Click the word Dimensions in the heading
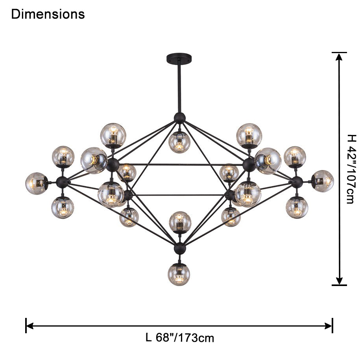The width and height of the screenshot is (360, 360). [x=48, y=14]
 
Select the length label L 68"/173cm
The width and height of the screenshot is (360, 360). [x=180, y=338]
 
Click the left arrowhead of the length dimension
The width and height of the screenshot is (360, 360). [x=30, y=325]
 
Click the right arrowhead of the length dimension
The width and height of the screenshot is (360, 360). [x=328, y=325]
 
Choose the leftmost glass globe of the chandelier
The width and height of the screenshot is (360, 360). [x=36, y=183]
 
